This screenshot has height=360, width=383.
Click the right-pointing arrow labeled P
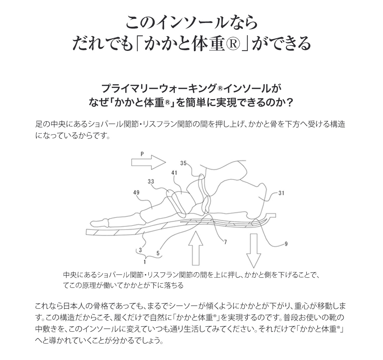tap(149, 162)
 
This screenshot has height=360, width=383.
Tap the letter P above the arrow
tap(142, 154)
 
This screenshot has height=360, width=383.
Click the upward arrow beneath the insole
tap(195, 248)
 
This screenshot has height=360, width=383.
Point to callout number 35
tap(183, 163)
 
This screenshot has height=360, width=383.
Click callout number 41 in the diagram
tap(174, 173)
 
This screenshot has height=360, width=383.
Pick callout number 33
tap(151, 182)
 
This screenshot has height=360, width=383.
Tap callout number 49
tap(136, 192)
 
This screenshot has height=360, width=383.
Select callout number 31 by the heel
tap(281, 193)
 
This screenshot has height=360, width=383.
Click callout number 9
tap(286, 244)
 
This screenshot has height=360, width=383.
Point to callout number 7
tap(225, 242)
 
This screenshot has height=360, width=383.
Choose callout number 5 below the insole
tap(158, 253)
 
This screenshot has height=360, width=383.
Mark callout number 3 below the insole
tap(140, 250)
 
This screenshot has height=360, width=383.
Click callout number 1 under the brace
tap(145, 262)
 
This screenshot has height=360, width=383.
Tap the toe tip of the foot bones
tap(91, 223)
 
